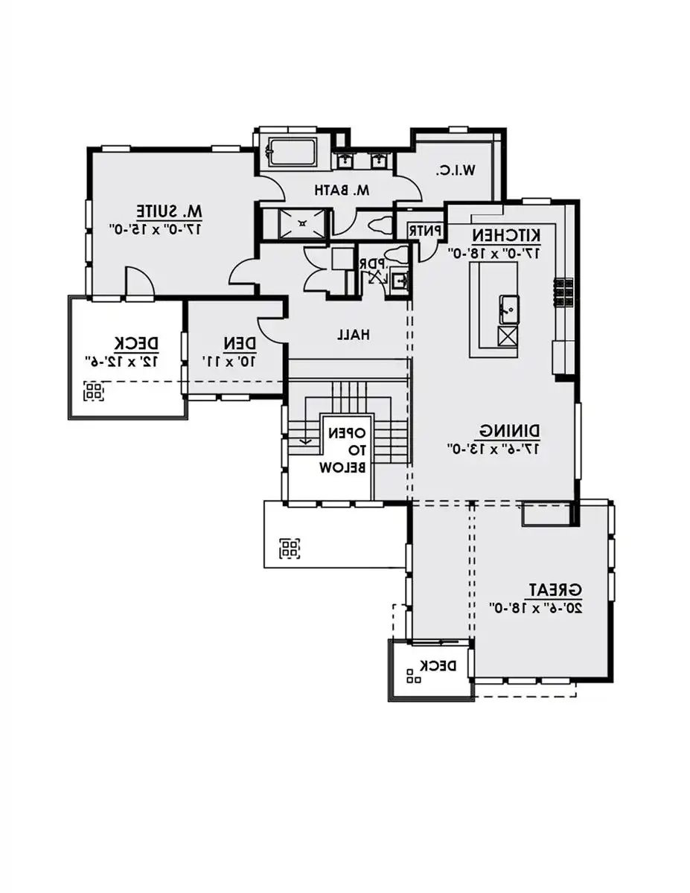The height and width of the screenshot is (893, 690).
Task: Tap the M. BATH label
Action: tap(342, 191)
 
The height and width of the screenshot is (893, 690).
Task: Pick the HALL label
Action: tap(353, 336)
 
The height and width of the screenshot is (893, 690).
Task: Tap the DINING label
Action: tap(510, 431)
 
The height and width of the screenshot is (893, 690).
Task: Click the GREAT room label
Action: tap(555, 589)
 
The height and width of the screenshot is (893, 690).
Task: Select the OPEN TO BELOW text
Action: tap(343, 450)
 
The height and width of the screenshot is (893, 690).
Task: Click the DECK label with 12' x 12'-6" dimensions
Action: tap(136, 343)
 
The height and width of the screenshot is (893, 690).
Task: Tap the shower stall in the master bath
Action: tap(301, 223)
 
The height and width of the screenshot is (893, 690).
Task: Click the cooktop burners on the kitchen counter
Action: tap(563, 292)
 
